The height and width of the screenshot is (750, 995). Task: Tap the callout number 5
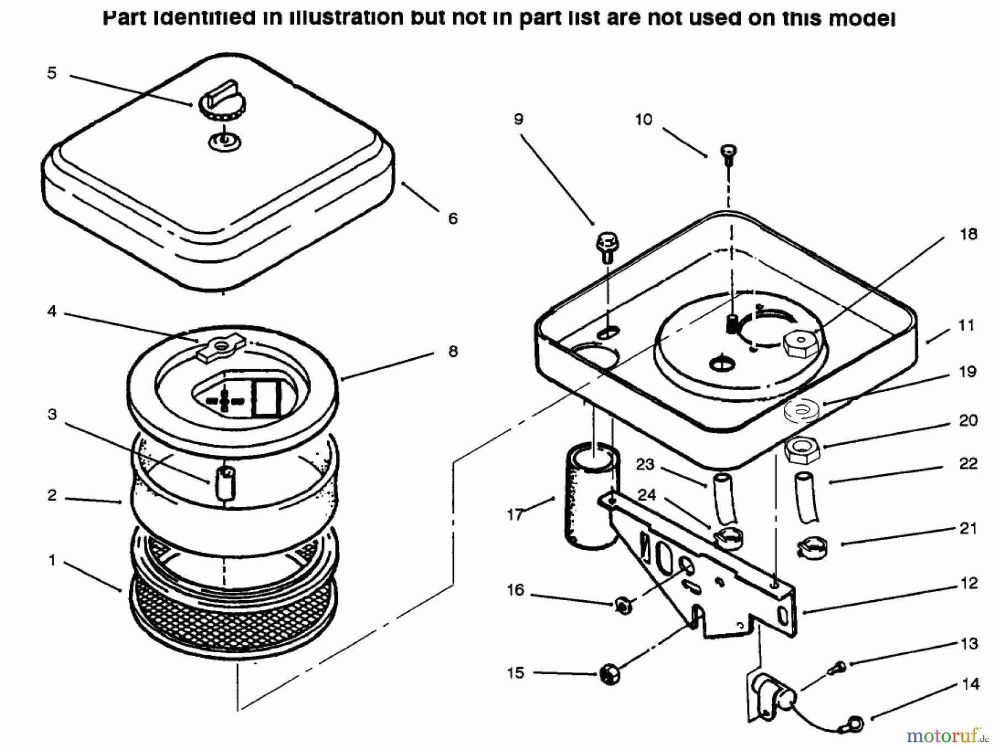(52, 73)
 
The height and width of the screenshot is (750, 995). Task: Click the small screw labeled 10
(729, 153)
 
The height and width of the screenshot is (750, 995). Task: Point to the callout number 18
(968, 234)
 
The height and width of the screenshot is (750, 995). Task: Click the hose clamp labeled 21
(811, 548)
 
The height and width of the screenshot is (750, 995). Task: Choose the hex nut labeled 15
(609, 675)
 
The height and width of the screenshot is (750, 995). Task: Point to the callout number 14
(970, 684)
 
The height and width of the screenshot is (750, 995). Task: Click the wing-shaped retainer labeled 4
(221, 348)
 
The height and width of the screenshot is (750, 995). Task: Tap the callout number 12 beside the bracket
(969, 583)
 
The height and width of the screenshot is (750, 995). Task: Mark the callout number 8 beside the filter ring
(453, 352)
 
